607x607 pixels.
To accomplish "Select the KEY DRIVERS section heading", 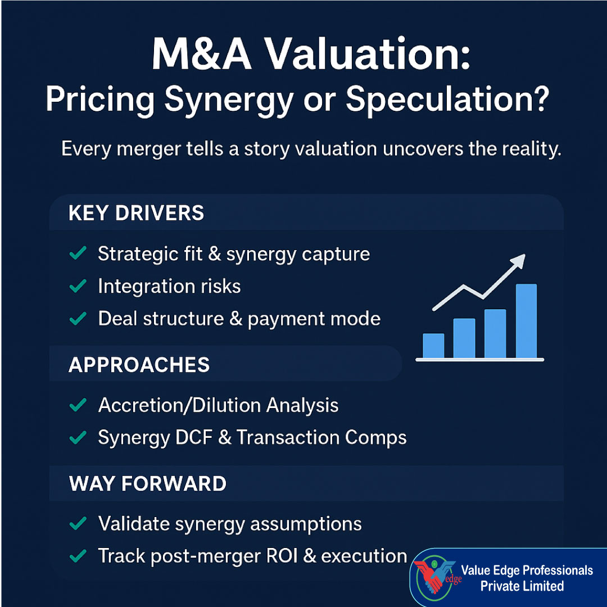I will (x=136, y=214).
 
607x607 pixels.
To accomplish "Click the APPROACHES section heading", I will (x=139, y=365).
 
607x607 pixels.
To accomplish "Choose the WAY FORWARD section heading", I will (x=147, y=484).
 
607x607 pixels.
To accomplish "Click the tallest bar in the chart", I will (x=526, y=321).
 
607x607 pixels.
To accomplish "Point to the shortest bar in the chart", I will (x=433, y=346).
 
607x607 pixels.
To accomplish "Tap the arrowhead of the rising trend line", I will (x=519, y=260).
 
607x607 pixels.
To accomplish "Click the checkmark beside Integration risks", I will (x=77, y=287).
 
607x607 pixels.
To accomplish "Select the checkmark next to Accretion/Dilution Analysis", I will (x=77, y=405).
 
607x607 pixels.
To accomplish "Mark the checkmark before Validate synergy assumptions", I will (x=77, y=524).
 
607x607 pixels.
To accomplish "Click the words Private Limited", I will (x=522, y=586).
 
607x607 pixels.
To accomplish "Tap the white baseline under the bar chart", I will (x=479, y=360).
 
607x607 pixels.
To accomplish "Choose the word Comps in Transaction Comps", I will (x=378, y=438).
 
